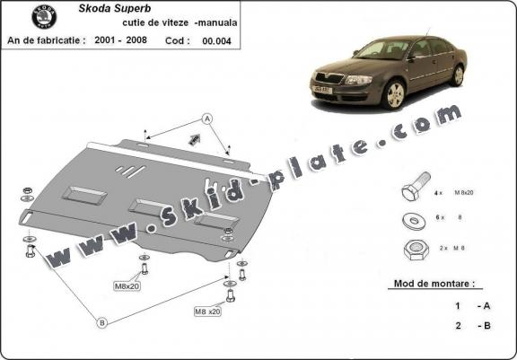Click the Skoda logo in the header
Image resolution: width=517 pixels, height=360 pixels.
(42, 17)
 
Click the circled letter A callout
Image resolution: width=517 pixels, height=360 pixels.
(206, 118)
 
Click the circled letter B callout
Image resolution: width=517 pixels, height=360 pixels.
(102, 322)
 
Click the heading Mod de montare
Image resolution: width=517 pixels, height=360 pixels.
(436, 284)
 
